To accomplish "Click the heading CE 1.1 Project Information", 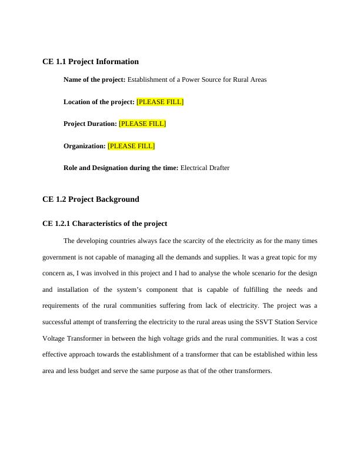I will coord(91,61).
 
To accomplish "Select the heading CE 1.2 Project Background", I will coord(91,199).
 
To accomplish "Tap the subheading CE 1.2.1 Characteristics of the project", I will coord(105,224).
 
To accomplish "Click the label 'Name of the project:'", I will coord(94,79).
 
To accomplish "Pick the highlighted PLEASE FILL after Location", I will coord(160,102).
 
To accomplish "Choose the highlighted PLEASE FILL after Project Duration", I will coord(142,124).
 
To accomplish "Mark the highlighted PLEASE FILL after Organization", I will coord(131,146).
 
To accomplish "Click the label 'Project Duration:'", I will coord(90,124).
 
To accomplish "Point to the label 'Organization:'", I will coord(84,146).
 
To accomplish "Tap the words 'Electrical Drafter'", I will coord(205,168).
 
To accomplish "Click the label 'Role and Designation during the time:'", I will coord(121,168).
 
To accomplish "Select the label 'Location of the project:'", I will coord(99,102).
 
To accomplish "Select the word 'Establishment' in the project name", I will coord(148,79).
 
